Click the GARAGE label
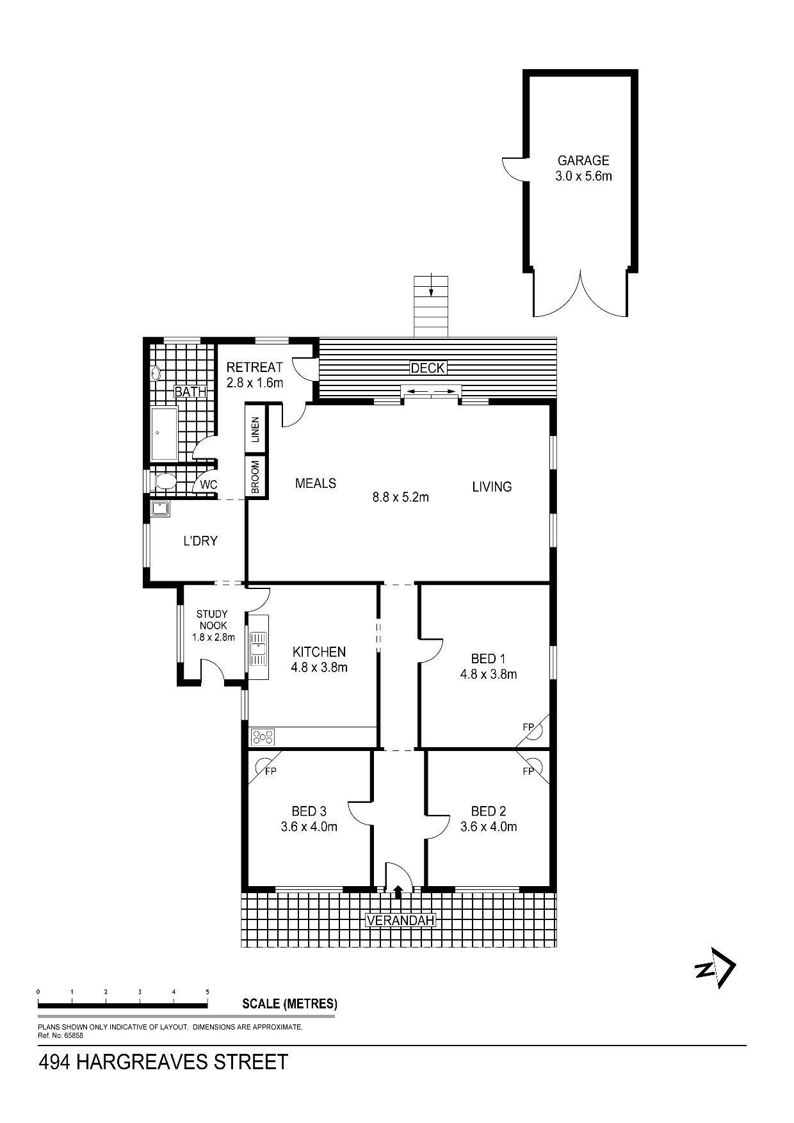pos(583,161)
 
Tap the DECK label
pos(427,368)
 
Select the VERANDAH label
pos(400,921)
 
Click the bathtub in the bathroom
pos(164,433)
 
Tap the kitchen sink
pos(259,648)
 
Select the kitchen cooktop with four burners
pos(263,737)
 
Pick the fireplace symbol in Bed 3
pos(262,764)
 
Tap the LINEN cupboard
pos(255,429)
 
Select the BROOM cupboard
pos(255,477)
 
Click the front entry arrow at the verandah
pos(398,891)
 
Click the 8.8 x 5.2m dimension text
pos(401,496)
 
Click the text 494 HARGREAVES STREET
pos(163,1062)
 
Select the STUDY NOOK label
pos(212,620)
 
